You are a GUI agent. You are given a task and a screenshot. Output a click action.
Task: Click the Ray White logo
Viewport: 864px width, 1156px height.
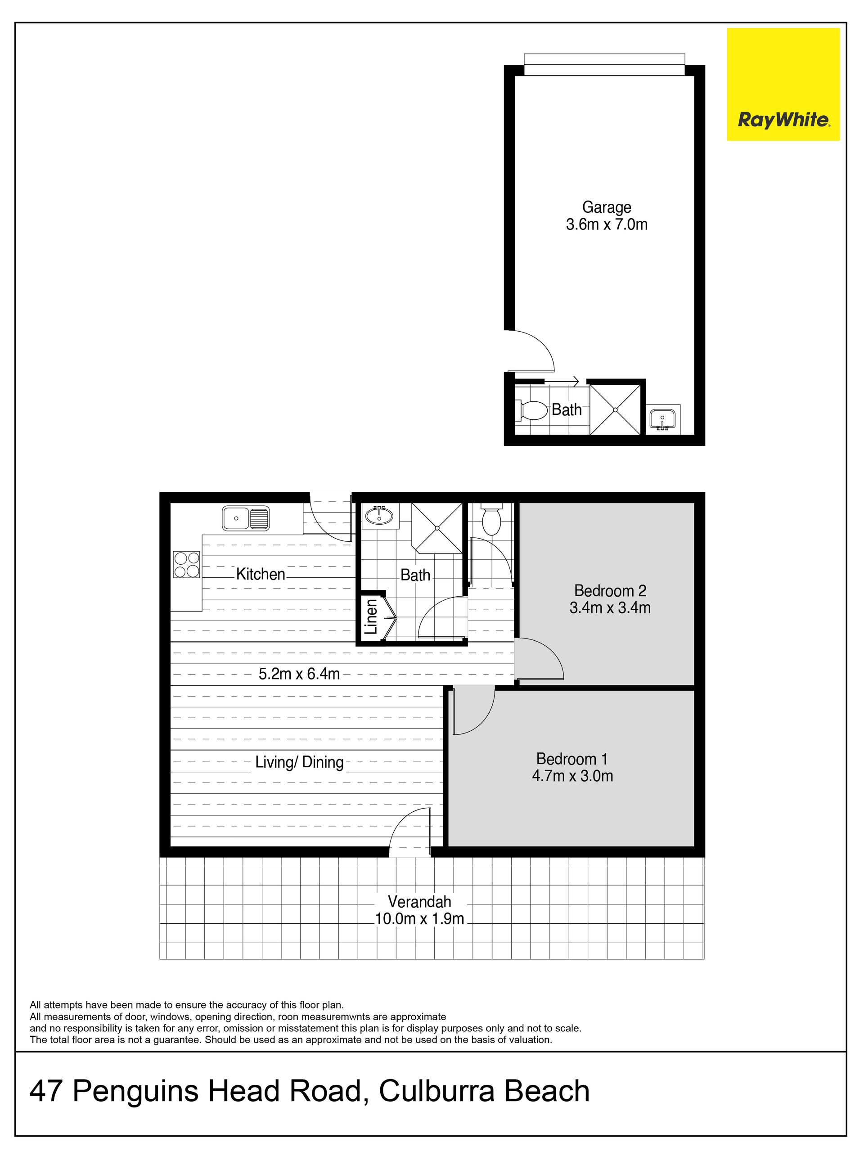click(x=783, y=84)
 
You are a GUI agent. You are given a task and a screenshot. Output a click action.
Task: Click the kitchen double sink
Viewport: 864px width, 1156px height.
click(x=246, y=518)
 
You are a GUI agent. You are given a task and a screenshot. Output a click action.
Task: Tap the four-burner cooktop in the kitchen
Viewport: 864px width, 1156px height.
click(x=187, y=565)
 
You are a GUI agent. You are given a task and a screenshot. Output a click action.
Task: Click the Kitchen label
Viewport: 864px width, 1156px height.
click(x=260, y=574)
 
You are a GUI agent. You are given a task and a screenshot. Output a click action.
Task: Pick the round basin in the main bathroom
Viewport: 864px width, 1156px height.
click(x=379, y=516)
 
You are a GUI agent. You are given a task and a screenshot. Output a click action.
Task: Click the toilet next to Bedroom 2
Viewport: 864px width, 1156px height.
click(x=491, y=518)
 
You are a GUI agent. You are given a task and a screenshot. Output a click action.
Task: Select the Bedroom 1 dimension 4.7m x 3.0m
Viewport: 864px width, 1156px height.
click(x=572, y=776)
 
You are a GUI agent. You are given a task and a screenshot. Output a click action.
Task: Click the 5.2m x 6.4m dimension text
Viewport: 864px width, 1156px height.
click(x=299, y=674)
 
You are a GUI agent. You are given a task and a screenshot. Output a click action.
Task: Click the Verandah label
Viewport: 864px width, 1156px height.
click(x=419, y=901)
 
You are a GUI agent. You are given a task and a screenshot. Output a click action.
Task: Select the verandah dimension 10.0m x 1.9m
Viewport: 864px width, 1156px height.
click(x=419, y=919)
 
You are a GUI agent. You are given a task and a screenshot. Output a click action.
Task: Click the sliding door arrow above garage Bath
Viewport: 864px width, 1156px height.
click(x=561, y=380)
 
